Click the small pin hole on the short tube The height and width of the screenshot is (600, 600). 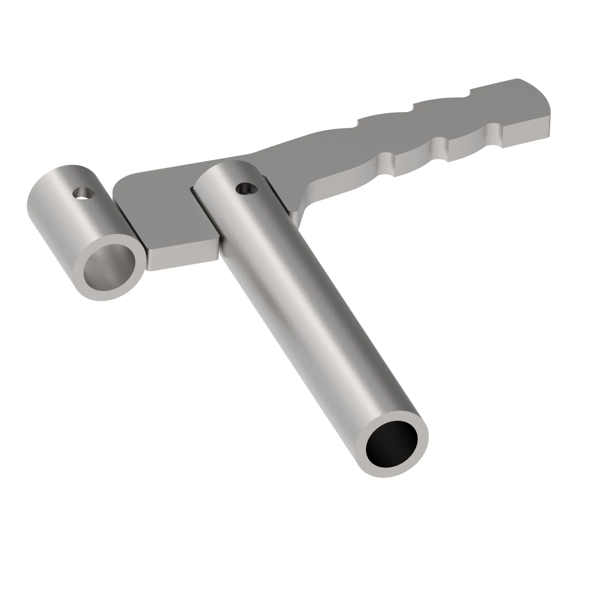coord(83,193)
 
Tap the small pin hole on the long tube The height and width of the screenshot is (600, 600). coord(247,188)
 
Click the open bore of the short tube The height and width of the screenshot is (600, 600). coord(109,267)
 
